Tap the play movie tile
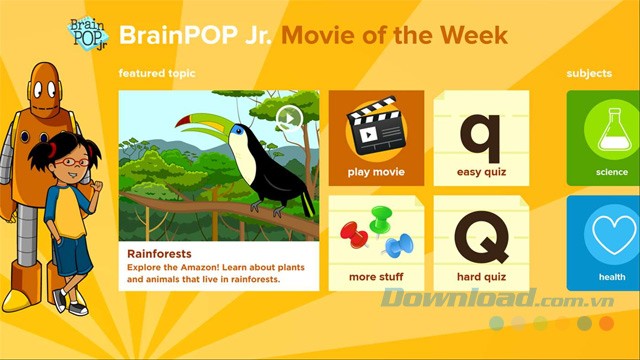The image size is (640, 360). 376,138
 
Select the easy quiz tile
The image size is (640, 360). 481,138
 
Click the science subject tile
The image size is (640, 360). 604,138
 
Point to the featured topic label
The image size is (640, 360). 157,73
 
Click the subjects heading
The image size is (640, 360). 589,73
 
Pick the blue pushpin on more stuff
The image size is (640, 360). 397,243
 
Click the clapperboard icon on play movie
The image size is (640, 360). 376,128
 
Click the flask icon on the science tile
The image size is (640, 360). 611,130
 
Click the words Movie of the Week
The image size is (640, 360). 394,35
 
